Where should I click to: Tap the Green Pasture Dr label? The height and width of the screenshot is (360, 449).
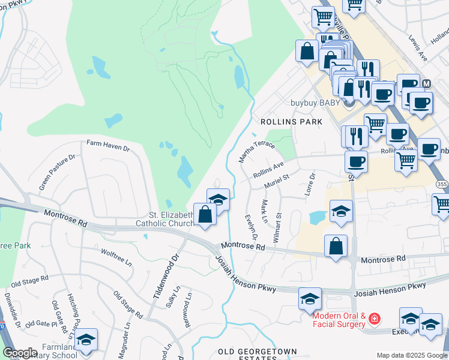(x=57, y=172)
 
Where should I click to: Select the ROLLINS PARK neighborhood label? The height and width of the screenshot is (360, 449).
(x=291, y=122)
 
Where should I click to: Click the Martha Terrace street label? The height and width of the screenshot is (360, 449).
(x=256, y=149)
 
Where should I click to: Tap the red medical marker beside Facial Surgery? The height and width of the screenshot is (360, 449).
(x=375, y=317)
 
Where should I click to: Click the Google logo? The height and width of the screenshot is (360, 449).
(x=20, y=353)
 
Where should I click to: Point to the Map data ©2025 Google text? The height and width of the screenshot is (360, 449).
(x=411, y=355)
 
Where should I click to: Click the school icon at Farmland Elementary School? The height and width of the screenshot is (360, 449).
(x=86, y=340)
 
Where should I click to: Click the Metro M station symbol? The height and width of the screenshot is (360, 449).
(x=427, y=83)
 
